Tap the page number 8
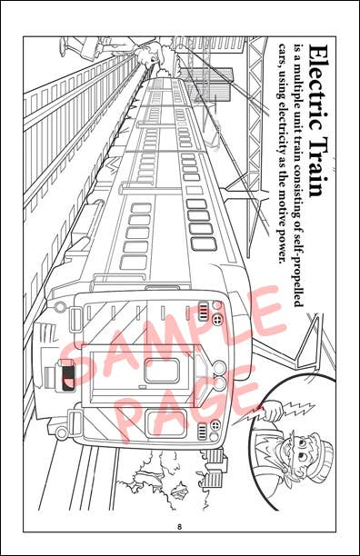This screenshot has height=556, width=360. click(180, 527)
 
